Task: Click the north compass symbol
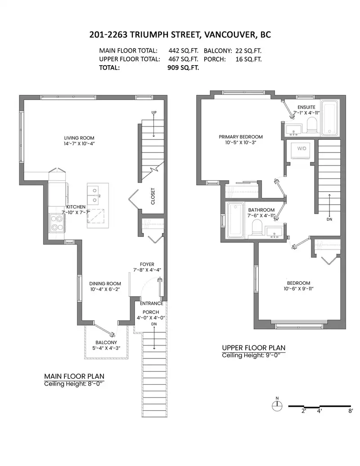coord(277,405)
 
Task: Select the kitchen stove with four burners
coord(57,224)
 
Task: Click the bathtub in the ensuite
coord(330,118)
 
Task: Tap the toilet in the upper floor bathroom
coord(256,229)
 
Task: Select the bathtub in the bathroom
coord(235,220)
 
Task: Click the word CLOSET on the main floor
coord(153,196)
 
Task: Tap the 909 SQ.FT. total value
coord(183,67)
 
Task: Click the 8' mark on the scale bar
coord(351,411)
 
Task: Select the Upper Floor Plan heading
coord(254,348)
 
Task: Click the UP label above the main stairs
coord(154,112)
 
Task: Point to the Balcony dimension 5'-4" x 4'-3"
coord(106,348)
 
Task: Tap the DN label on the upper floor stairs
coord(329,220)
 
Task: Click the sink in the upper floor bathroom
coord(274,232)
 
